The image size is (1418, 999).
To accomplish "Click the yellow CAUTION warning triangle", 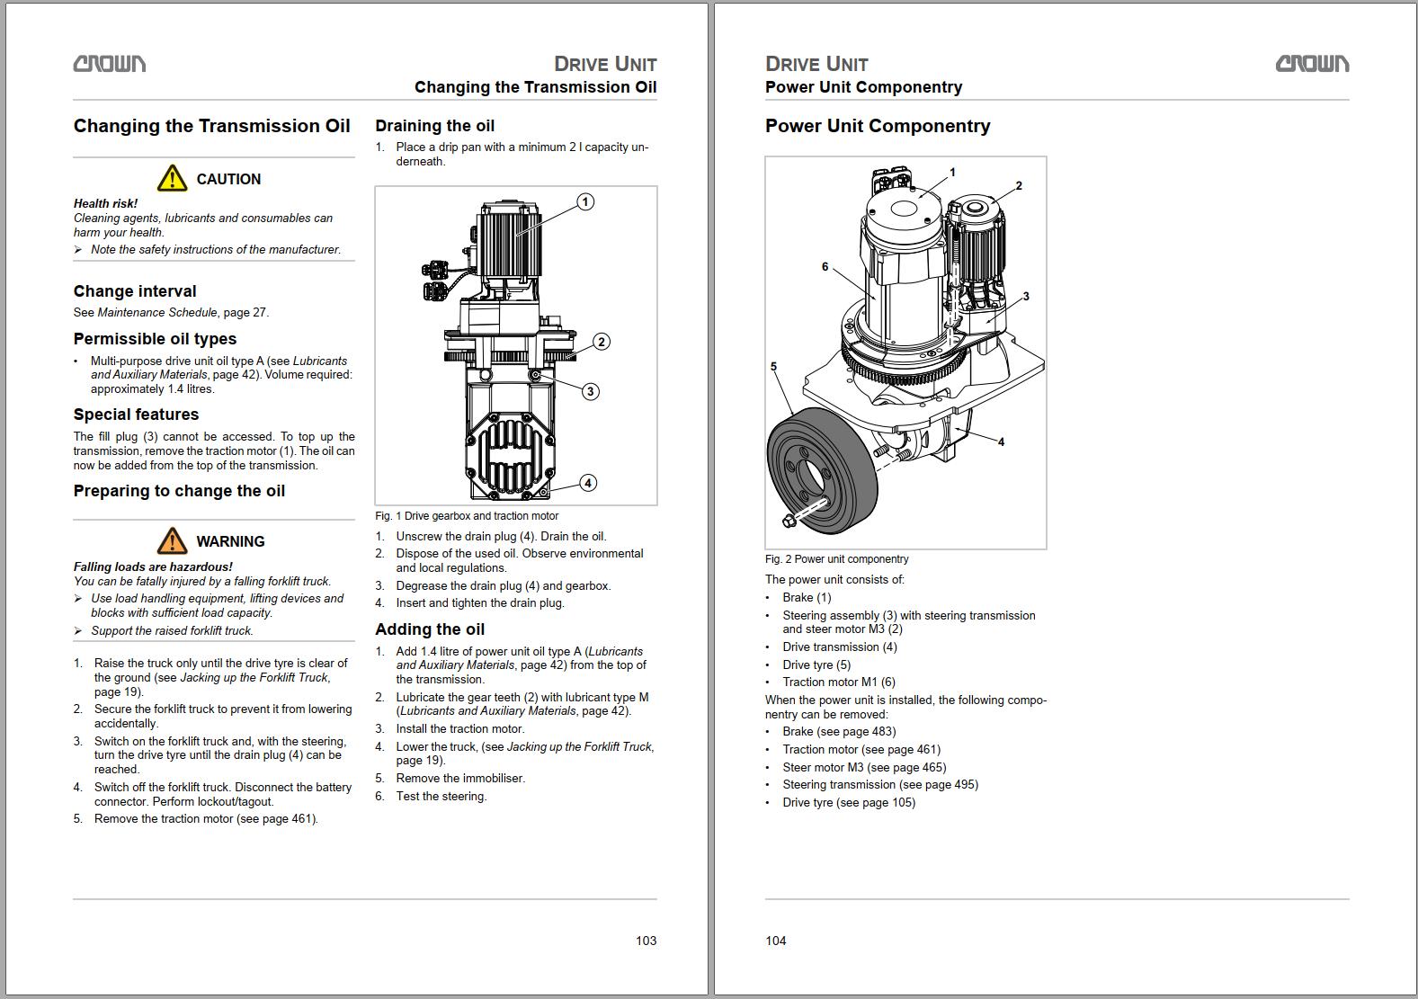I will pos(172,179).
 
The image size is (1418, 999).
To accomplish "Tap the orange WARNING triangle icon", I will pos(172,541).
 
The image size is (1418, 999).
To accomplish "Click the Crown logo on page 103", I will pos(110,64).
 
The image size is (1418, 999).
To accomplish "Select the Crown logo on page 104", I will pos(1312,64).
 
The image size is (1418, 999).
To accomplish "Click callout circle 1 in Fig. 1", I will pos(585,201).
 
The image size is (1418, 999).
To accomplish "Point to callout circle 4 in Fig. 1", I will pos(588,483).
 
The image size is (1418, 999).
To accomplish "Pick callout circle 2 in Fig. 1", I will pos(602,342).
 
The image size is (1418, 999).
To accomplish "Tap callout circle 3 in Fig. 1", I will pos(590,391).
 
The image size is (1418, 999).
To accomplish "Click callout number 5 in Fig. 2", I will pos(773,367).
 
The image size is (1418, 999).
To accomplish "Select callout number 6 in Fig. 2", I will pos(825,267).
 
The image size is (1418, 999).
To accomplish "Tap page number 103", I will pos(646,941).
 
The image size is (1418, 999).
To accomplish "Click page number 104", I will pos(776,941).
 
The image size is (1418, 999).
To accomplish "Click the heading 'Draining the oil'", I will pos(434,126).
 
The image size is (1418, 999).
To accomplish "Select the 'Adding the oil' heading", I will pos(430,629).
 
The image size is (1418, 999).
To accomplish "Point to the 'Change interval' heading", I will pos(135,291).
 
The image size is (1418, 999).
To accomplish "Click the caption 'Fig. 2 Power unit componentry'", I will pos(836,559).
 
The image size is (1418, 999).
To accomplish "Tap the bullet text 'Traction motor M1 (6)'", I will pos(839,682).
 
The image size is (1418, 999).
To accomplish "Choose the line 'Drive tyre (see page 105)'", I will pos(849,803).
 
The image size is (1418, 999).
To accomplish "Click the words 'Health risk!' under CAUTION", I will pos(105,204).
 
